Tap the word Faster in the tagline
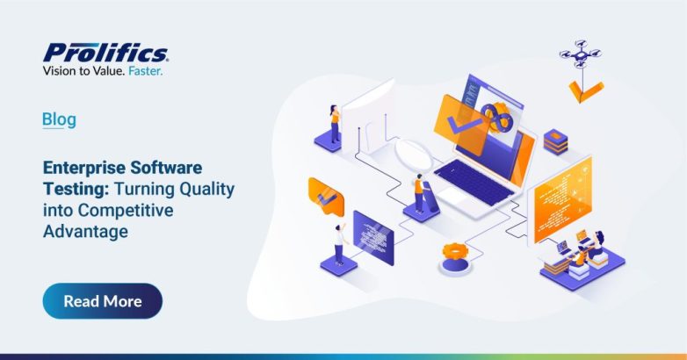pyautogui.click(x=143, y=72)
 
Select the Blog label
pyautogui.click(x=59, y=119)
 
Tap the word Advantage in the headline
pyautogui.click(x=85, y=231)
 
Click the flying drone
pyautogui.click(x=581, y=54)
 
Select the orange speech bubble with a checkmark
pyautogui.click(x=326, y=194)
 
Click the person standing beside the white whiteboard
pyautogui.click(x=334, y=122)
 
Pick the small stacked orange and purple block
pyautogui.click(x=554, y=140)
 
